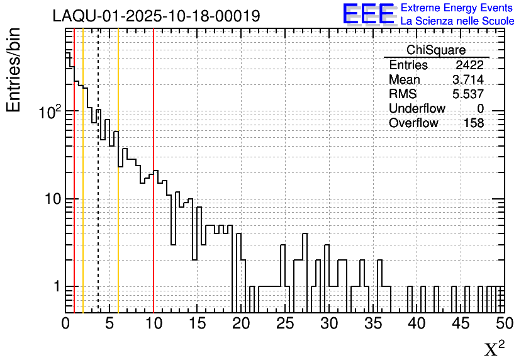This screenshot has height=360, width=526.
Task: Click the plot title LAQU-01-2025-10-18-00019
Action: point(156,16)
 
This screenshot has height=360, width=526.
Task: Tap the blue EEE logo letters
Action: point(368,14)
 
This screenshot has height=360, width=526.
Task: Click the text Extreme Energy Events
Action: point(457,8)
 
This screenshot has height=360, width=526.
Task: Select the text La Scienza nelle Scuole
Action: point(457,21)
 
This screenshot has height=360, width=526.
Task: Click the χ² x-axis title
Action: point(494,349)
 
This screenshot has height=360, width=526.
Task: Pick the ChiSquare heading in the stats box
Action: point(436,50)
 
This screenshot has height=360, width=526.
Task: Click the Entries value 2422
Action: point(469,65)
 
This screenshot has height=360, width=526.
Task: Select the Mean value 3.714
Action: point(468,80)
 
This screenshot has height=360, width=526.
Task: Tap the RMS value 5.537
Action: point(468,94)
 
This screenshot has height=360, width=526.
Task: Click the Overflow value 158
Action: point(474,123)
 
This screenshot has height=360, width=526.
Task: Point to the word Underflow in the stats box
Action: point(417,109)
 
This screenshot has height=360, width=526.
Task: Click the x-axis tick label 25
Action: point(285,323)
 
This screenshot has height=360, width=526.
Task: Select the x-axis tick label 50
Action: point(503,323)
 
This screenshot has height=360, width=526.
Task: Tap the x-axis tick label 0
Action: point(65,323)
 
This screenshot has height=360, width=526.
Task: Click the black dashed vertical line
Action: point(98,189)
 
